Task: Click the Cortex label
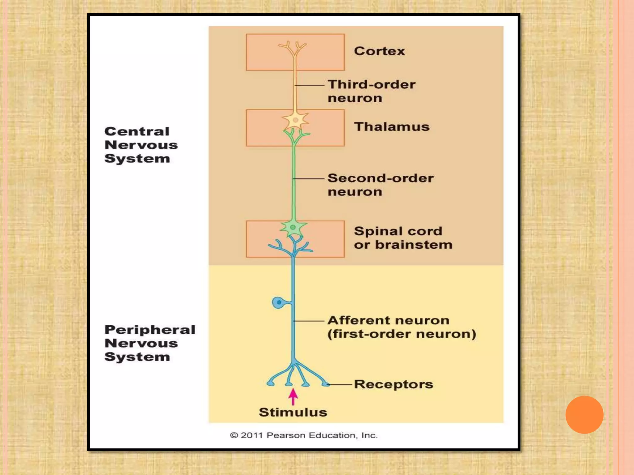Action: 379,51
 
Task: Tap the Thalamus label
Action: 392,127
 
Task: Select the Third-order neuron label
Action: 371,91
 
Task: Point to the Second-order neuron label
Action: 380,185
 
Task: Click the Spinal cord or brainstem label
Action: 403,238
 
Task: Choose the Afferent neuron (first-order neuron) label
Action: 402,327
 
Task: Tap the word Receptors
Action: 393,384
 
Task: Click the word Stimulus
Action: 293,412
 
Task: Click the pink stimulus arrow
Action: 293,397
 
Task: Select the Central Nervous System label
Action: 141,145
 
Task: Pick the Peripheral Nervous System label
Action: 150,343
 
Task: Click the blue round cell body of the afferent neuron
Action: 278,302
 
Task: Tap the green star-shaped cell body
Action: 293,228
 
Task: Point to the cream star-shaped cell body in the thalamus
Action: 295,120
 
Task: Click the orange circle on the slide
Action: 584,415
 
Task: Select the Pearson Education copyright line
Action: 303,435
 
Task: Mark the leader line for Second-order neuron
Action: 309,179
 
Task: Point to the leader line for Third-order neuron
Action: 310,85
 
